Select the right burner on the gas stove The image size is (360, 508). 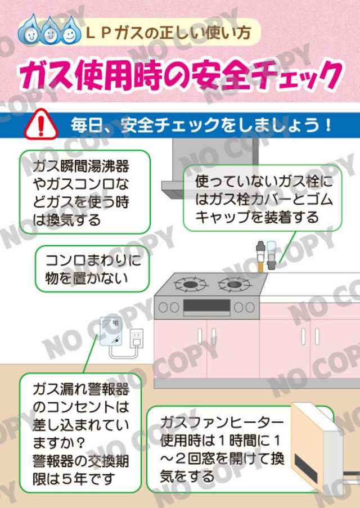pyautogui.click(x=232, y=284)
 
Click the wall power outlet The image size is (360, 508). pyautogui.click(x=136, y=339)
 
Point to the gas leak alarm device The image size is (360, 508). pyautogui.click(x=110, y=331)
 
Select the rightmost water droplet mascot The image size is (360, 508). pyautogui.click(x=69, y=33)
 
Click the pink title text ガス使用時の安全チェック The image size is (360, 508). pyautogui.click(x=180, y=73)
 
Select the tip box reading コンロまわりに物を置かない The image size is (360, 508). pyautogui.click(x=92, y=268)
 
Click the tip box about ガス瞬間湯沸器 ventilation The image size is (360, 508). pyautogui.click(x=85, y=192)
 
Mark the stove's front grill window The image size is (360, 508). pyautogui.click(x=206, y=306)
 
